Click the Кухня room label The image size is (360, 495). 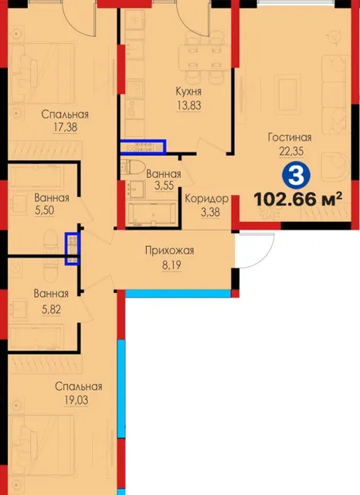point(188,91)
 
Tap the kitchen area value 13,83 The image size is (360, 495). point(188,105)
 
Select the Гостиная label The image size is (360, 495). point(290,138)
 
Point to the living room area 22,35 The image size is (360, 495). point(291,151)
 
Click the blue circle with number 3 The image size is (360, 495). point(296,176)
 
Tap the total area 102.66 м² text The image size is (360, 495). point(298,199)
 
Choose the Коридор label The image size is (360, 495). point(207,199)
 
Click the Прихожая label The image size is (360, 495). point(170,251)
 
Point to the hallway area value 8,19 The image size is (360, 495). point(172,265)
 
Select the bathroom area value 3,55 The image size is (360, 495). point(164,186)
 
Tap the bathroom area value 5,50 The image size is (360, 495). point(45,210)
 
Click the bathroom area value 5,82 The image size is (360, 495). point(51,309)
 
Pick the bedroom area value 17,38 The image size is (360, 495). point(65,127)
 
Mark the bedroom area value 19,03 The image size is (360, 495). point(76,400)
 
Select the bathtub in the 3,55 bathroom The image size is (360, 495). point(152,213)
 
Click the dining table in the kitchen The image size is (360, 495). point(204,57)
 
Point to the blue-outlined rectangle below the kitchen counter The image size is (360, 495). point(144,147)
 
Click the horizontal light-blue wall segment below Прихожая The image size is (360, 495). point(178,294)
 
